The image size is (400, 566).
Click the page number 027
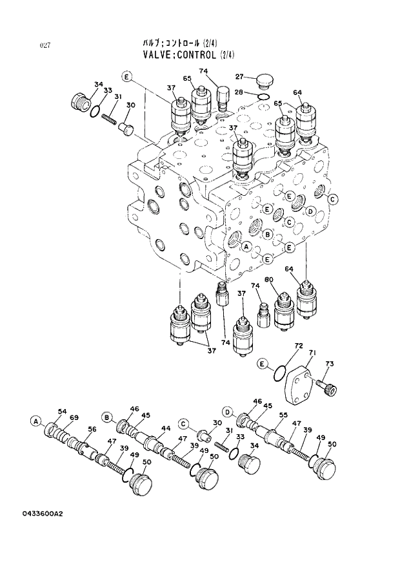click(45, 45)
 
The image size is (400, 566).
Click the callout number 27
click(239, 76)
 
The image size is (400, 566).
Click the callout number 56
click(92, 429)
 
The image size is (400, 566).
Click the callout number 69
click(74, 417)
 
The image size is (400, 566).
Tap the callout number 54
click(62, 411)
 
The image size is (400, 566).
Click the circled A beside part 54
click(35, 421)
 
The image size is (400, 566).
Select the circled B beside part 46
click(107, 415)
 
